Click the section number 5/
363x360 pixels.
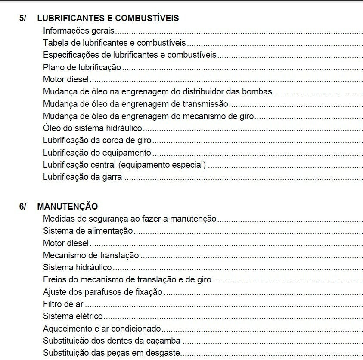[x=23, y=18]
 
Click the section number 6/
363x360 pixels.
[x=23, y=207]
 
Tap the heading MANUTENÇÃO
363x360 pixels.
[x=68, y=207]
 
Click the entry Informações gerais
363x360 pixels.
[x=79, y=31]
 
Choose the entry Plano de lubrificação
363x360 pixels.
[x=82, y=67]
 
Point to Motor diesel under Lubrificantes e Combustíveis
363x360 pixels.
[x=66, y=79]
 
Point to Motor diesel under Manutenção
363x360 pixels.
[x=66, y=243]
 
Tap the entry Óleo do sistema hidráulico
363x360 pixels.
[x=93, y=128]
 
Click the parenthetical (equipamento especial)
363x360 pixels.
[x=162, y=165]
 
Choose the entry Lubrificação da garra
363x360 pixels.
[x=82, y=177]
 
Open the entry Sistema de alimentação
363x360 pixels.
[x=88, y=231]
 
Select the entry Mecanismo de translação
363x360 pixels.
[x=91, y=255]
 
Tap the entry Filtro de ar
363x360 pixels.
[x=63, y=304]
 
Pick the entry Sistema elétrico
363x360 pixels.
[x=73, y=316]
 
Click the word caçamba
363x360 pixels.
[x=165, y=341]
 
